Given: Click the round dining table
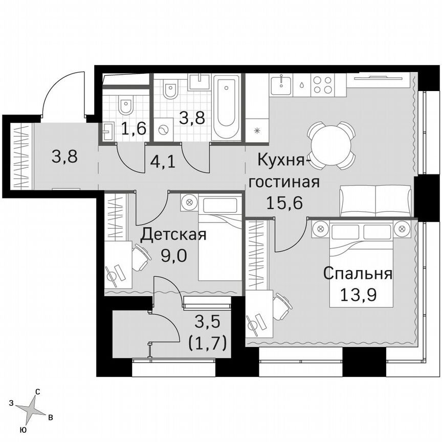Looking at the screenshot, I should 331,145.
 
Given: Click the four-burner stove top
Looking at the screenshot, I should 323,84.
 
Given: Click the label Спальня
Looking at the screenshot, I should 358,274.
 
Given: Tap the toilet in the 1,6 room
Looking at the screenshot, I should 124,105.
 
